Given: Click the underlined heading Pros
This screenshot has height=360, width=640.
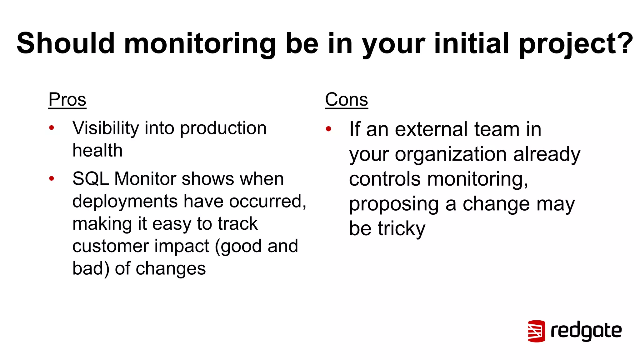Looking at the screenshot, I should coord(67,100).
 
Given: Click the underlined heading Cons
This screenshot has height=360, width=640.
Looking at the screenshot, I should coord(346,100).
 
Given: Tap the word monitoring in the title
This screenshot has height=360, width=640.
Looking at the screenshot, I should coord(200,44).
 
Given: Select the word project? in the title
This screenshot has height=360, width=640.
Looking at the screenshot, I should coord(576,44).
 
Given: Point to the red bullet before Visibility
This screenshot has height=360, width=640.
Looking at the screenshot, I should coord(52,127).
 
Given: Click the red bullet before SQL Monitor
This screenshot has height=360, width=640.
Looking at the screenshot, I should coord(52,178).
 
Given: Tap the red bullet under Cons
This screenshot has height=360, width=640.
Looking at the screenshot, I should coord(328,129).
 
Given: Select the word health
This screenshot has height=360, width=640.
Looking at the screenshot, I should coord(97,151).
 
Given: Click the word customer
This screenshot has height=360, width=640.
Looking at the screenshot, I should coord(109,246).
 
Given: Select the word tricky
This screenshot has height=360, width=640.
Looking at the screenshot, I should coord(402,229).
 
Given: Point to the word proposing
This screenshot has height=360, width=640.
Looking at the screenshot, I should coord(394,205).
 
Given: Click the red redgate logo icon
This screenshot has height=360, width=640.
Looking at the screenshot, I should coord(536,331).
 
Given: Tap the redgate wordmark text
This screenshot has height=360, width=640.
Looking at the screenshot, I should coord(586,331).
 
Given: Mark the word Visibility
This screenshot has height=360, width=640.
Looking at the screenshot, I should coord(105,128).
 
